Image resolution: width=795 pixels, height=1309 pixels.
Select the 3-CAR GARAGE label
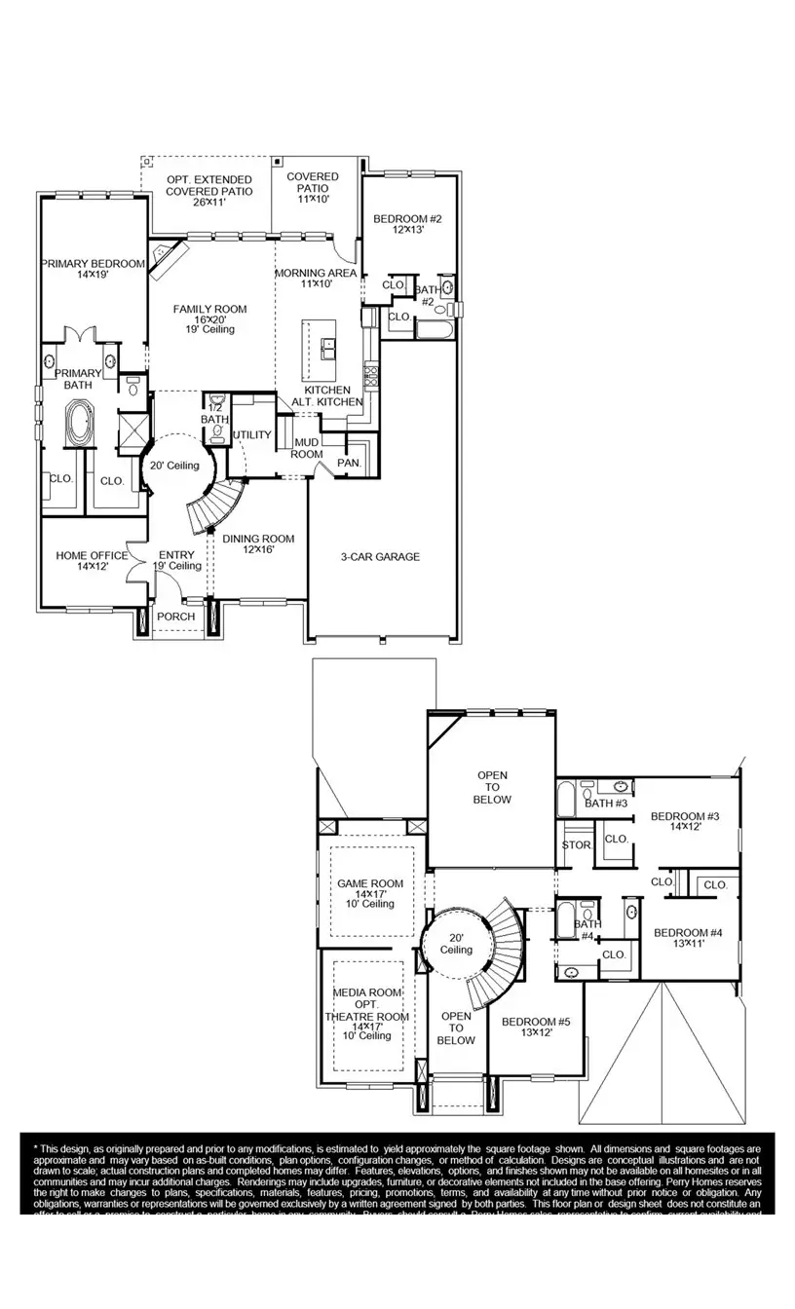pos(380,557)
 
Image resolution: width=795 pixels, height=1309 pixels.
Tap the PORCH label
pos(176,617)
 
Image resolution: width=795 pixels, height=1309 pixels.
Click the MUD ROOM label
pos(308,448)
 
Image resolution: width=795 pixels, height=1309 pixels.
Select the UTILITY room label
pos(252,434)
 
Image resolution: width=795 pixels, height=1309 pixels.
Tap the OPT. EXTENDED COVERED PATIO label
pos(208,186)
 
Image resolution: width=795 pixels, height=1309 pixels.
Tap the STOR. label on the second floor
pos(576,844)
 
